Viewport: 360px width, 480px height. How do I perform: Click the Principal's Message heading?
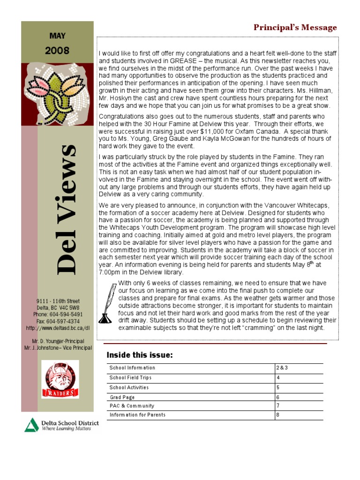(x=295, y=28)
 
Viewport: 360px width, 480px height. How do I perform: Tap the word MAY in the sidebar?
(x=58, y=35)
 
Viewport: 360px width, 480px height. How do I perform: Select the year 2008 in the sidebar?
(x=57, y=50)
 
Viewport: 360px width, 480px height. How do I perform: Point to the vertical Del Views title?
(x=66, y=209)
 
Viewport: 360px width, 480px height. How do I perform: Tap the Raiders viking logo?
(x=60, y=379)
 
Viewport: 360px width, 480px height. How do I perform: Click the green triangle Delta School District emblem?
(x=32, y=425)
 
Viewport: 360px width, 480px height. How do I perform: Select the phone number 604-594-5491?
(x=58, y=314)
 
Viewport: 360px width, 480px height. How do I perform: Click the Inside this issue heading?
(x=140, y=355)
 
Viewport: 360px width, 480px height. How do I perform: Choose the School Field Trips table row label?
(x=130, y=377)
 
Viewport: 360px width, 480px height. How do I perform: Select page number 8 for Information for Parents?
(x=278, y=415)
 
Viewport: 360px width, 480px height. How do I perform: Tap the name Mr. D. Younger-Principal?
(x=58, y=341)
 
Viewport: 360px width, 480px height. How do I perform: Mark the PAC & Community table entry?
(x=132, y=405)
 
